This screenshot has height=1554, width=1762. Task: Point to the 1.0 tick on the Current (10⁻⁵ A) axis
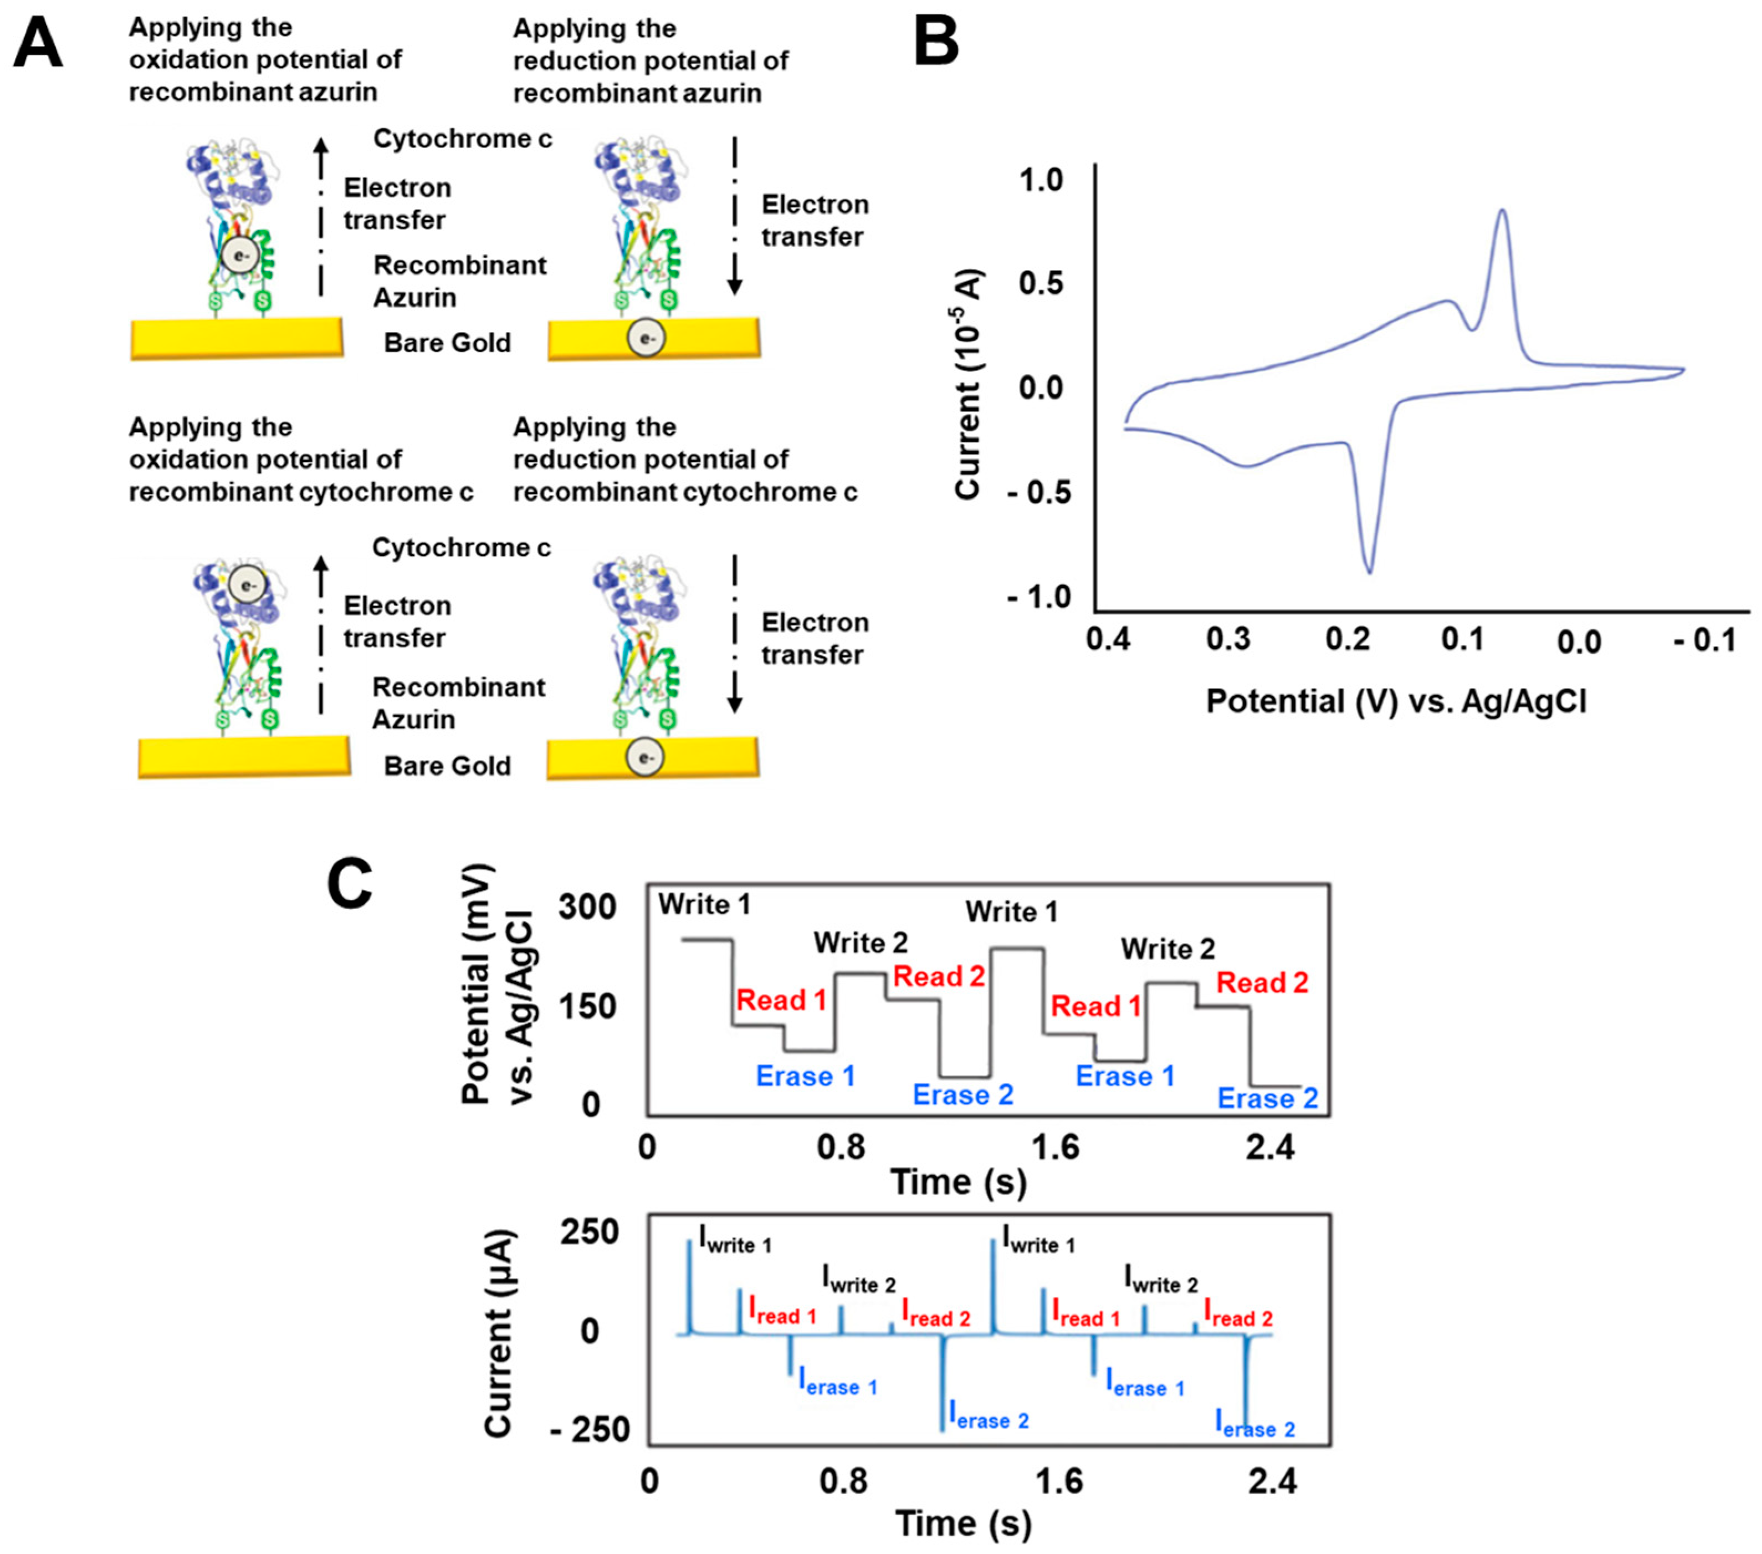tap(1041, 181)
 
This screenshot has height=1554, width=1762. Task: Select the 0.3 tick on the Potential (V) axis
tap(1228, 640)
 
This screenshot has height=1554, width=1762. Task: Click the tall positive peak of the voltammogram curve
tap(1503, 211)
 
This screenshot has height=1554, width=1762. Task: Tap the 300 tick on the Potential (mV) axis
tap(587, 907)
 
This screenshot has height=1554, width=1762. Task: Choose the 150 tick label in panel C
tap(587, 1006)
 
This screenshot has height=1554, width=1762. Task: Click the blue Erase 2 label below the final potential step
tap(1267, 1099)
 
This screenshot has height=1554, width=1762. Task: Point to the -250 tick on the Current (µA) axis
tap(590, 1430)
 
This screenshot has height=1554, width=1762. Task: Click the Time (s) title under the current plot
tap(963, 1524)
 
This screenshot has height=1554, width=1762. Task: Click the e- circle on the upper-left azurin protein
tap(240, 256)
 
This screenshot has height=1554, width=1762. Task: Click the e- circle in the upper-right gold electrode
tap(646, 339)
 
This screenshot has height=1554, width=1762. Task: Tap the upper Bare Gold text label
tap(447, 343)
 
